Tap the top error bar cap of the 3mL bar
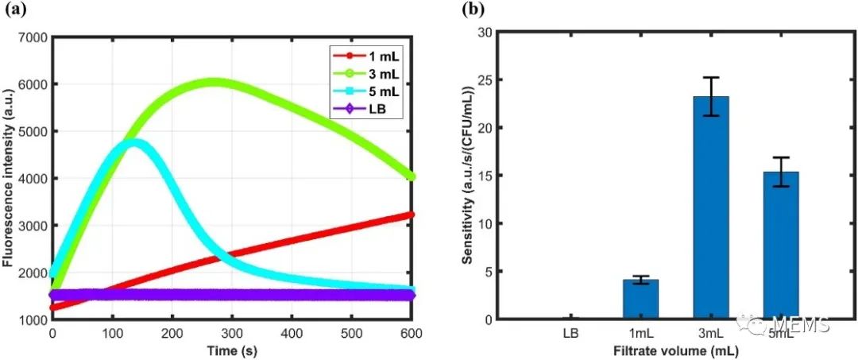(x=711, y=77)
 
